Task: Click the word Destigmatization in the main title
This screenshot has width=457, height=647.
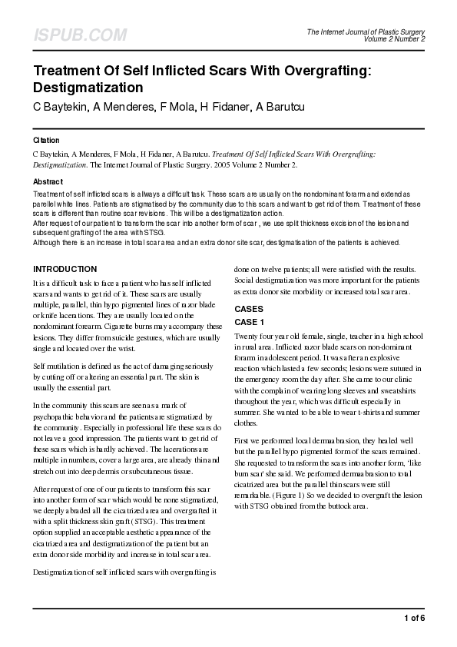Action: click(88, 87)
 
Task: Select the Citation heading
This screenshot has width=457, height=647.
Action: click(47, 141)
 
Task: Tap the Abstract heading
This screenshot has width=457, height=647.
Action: click(48, 181)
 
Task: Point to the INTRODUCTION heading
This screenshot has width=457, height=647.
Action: click(65, 269)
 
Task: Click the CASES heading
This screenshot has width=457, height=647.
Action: click(249, 308)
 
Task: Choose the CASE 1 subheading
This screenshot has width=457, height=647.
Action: click(250, 322)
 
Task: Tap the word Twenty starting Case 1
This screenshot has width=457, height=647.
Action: click(247, 337)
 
